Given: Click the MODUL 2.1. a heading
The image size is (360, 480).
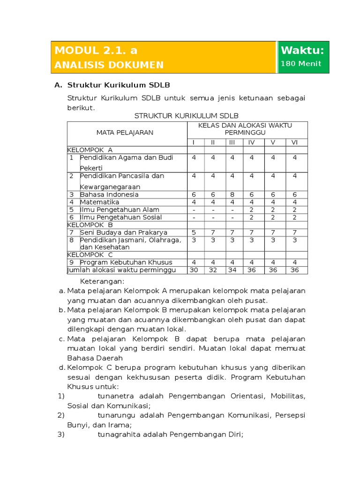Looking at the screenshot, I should [96, 50].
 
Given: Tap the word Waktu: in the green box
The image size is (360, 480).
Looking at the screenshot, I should [302, 50].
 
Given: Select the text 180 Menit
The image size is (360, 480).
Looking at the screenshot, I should [301, 64].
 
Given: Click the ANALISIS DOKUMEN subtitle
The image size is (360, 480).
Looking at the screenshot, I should [109, 65].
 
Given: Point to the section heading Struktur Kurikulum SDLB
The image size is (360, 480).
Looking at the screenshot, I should [119, 85].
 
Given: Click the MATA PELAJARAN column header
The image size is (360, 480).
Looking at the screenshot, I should [125, 133].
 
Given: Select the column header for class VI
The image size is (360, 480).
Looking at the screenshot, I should [295, 142].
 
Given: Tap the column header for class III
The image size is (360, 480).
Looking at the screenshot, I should [232, 142].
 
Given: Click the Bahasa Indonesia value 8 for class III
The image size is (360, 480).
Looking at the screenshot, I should [232, 195].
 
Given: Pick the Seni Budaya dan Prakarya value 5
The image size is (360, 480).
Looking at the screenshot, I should [194, 232].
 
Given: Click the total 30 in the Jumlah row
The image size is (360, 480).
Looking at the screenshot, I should [194, 270].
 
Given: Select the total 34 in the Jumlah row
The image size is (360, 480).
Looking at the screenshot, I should [232, 270].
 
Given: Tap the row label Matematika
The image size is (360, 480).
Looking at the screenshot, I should [99, 202].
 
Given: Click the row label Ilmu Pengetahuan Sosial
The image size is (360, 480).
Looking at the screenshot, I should [120, 217].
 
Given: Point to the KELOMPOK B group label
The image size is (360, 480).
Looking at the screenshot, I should [90, 225].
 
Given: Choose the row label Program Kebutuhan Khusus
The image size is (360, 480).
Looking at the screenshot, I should [126, 262].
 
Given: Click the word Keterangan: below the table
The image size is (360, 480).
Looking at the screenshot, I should [102, 281].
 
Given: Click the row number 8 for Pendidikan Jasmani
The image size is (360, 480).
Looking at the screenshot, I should [72, 240].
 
